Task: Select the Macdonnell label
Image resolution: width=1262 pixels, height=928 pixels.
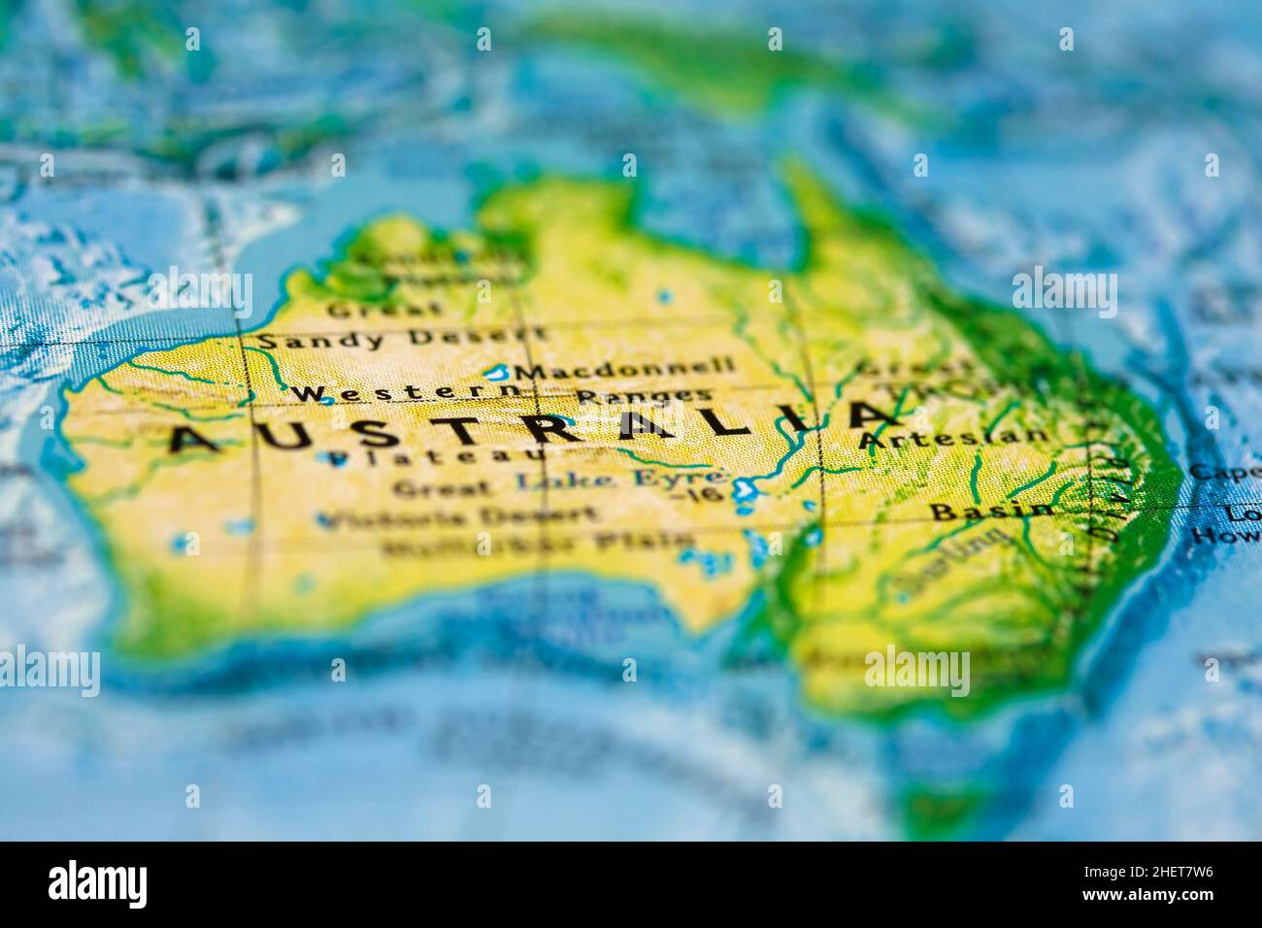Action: (x=625, y=370)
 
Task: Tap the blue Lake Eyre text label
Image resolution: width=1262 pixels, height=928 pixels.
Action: (x=620, y=478)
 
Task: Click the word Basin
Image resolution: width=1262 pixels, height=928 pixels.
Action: (x=990, y=510)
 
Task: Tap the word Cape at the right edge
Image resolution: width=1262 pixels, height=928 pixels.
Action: (x=1224, y=473)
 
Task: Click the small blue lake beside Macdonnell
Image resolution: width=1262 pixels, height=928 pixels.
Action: (x=499, y=372)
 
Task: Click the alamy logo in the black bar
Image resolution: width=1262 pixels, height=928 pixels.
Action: (x=98, y=883)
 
